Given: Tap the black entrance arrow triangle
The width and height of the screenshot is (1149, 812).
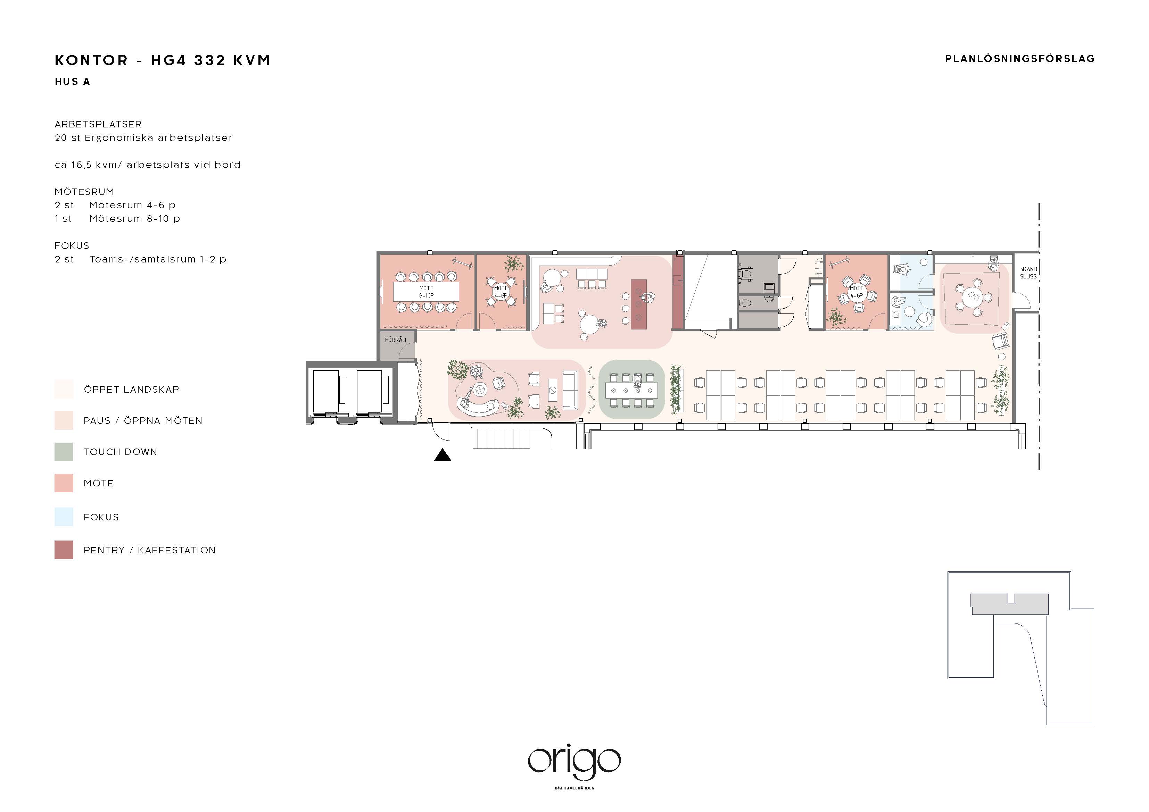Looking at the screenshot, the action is pyautogui.click(x=443, y=455).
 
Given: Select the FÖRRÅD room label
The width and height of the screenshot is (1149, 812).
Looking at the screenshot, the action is pyautogui.click(x=395, y=340).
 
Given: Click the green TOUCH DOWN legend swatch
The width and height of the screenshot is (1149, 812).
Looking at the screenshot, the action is pyautogui.click(x=64, y=452).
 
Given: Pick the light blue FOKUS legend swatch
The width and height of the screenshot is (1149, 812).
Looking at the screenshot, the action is pyautogui.click(x=64, y=517).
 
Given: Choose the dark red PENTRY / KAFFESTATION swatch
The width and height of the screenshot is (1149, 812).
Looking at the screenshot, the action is pyautogui.click(x=64, y=550).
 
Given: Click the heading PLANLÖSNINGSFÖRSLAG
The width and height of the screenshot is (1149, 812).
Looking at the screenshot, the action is pyautogui.click(x=1019, y=59).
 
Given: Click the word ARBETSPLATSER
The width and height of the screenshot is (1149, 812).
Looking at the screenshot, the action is pyautogui.click(x=98, y=124).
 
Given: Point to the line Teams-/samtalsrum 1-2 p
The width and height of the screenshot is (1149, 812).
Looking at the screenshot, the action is pyautogui.click(x=158, y=259).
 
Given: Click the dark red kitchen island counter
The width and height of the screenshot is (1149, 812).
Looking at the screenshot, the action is pyautogui.click(x=638, y=304).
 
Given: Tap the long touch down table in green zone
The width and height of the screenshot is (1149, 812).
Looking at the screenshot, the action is pyautogui.click(x=631, y=390).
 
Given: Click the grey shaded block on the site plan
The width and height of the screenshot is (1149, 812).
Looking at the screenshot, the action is pyautogui.click(x=1009, y=603).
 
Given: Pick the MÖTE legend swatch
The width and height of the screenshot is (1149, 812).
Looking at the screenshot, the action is pyautogui.click(x=64, y=483).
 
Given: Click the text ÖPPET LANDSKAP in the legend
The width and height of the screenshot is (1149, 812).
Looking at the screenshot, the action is pyautogui.click(x=131, y=389).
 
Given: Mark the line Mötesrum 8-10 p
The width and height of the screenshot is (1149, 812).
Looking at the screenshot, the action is pyautogui.click(x=134, y=219).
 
